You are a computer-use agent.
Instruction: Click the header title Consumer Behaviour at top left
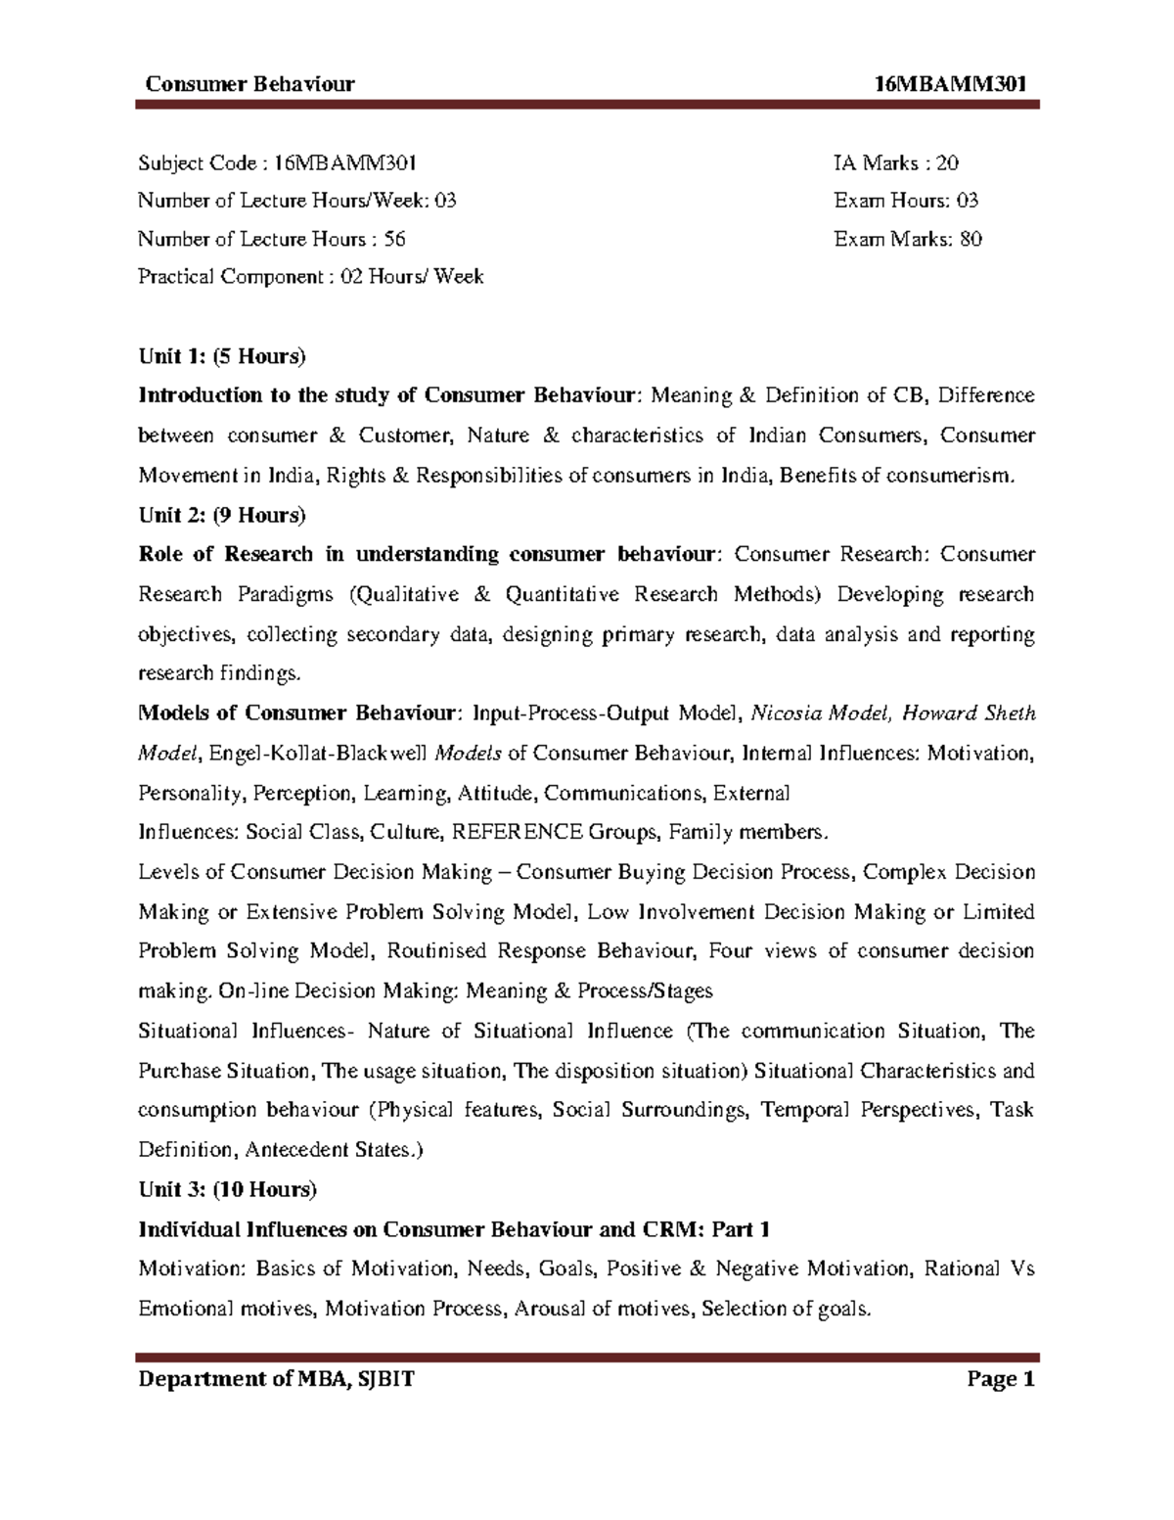[249, 84]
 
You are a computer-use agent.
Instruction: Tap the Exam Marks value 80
[971, 239]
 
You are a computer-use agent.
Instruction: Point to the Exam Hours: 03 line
[906, 201]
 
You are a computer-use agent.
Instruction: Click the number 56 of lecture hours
[394, 239]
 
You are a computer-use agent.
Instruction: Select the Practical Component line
[311, 277]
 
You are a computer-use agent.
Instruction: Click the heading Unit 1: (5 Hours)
[222, 356]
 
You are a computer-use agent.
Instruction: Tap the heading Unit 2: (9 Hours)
[222, 515]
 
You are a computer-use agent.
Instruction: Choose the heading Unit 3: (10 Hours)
[227, 1189]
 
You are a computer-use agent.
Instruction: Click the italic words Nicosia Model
[820, 714]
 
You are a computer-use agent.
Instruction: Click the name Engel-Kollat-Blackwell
[319, 753]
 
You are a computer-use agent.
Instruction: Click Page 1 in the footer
[1000, 1381]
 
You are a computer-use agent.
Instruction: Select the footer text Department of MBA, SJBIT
[277, 1381]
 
